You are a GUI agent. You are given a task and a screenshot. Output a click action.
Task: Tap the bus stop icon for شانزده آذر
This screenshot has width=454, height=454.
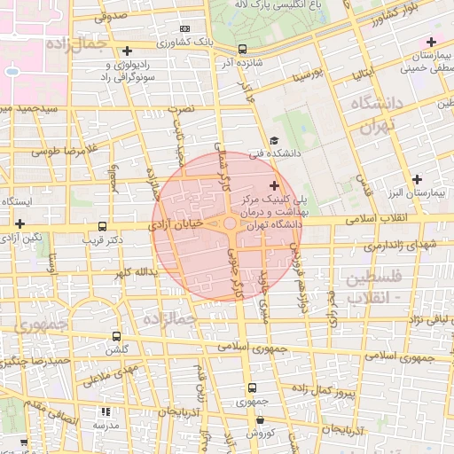coord(243,50)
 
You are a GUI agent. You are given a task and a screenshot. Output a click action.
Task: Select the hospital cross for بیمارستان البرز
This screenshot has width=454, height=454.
coord(417,179)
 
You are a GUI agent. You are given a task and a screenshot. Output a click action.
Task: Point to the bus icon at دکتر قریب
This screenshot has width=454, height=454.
coord(103,227)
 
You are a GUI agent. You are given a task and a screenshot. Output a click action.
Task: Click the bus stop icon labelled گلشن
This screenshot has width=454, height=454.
coord(117,336)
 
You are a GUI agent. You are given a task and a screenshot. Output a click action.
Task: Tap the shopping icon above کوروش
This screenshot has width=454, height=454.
coord(260,419)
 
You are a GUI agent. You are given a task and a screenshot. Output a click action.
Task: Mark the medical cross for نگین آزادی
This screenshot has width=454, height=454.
coord(20,223)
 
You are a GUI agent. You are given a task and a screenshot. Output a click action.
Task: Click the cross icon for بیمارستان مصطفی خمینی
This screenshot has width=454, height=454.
coord(432,42)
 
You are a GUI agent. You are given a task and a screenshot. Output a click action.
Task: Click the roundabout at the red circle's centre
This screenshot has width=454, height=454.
coord(230,224)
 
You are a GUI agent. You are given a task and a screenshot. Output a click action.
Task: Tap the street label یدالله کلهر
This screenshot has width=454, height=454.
coord(129,271)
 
